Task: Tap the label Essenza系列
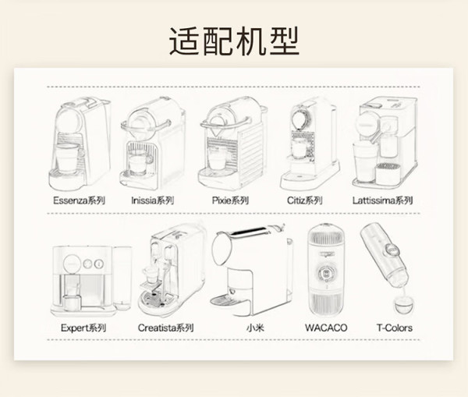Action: coord(79,200)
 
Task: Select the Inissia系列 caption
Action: coord(153,200)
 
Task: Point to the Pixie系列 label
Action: coord(230,200)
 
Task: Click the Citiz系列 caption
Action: coord(305,200)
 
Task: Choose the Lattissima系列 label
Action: coord(383,200)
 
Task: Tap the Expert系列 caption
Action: coord(83,328)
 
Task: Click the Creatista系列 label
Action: coord(165,328)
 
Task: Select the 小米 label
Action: coord(255,328)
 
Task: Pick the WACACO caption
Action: coord(326,328)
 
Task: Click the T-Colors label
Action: coord(395,328)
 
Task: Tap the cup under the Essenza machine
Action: coord(68,158)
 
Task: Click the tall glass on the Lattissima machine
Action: coord(365,161)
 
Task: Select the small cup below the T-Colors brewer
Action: coord(404,305)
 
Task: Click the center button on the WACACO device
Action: coord(325,273)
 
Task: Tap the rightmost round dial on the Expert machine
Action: coord(99,264)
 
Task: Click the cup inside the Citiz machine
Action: coord(300,149)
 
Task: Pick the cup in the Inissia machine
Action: coord(139,164)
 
